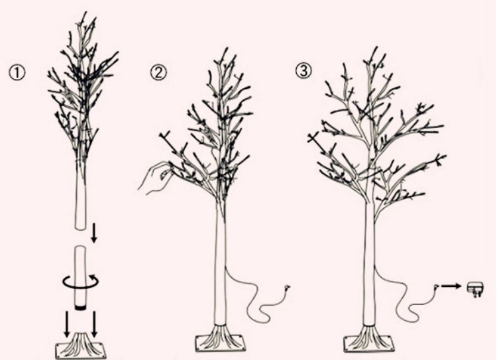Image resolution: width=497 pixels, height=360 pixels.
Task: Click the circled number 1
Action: coord(17,73)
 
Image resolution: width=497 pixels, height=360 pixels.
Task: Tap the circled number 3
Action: coord(304,70)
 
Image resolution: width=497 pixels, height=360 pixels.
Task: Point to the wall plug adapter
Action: coord(475,289)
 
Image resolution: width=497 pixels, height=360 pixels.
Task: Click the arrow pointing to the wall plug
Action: coord(451,286)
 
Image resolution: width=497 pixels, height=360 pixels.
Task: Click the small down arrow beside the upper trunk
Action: coord(94,233)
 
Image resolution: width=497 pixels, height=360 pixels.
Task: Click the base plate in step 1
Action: coord(80,351)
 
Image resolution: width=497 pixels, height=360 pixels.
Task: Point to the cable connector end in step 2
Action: coord(287,288)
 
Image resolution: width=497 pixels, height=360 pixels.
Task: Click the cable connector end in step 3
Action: coord(437,286)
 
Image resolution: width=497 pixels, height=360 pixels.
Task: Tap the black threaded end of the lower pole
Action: coord(80,307)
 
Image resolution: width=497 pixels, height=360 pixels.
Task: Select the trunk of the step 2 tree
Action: coord(221,263)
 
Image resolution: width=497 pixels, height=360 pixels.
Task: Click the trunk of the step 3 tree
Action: coord(369,263)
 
